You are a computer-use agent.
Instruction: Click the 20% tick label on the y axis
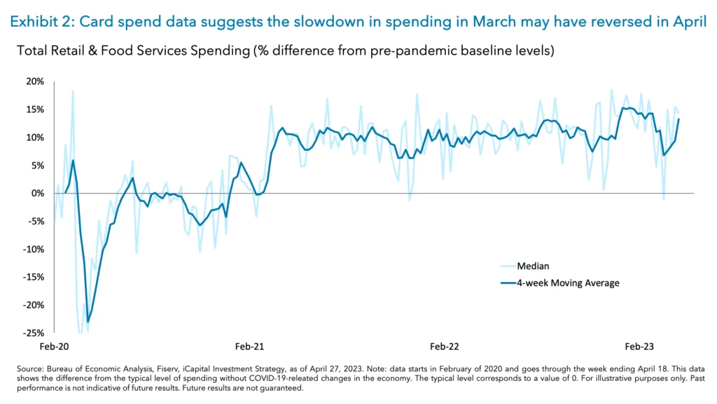pos(35,81)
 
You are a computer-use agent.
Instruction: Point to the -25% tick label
pos(33,333)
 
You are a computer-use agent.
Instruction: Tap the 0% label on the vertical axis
pos(37,194)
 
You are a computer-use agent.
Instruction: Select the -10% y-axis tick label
pos(33,249)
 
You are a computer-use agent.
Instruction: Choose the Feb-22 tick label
pos(445,346)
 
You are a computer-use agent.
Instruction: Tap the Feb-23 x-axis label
pos(639,346)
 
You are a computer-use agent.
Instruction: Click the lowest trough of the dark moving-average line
pos(88,322)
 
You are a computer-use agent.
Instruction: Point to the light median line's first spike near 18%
pos(73,90)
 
